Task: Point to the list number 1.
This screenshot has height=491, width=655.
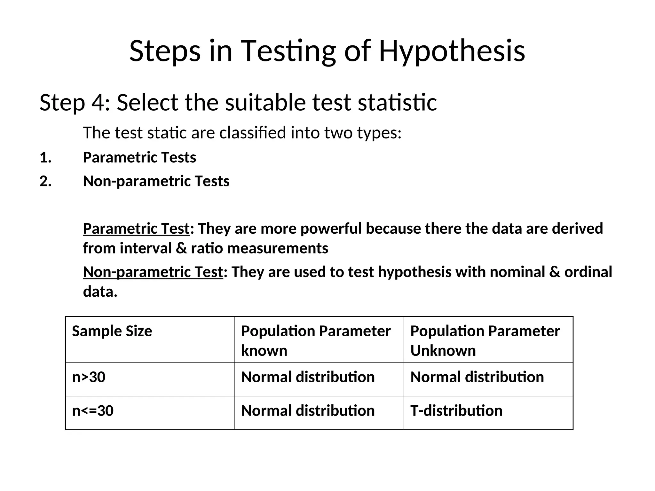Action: coord(45,158)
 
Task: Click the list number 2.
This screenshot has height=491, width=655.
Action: coord(45,181)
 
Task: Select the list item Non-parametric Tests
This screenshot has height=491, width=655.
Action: coord(156,181)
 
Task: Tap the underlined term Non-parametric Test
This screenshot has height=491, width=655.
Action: coord(153,272)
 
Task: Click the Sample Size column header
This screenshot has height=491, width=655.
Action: coord(112,331)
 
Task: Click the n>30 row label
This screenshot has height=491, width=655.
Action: coord(89,377)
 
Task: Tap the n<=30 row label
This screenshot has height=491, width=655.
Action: coord(93,411)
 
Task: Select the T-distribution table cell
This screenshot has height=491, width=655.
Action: coord(456,411)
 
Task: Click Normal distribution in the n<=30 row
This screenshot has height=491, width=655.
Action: coord(308,411)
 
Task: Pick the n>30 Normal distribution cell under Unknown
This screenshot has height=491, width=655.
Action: coord(477,377)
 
